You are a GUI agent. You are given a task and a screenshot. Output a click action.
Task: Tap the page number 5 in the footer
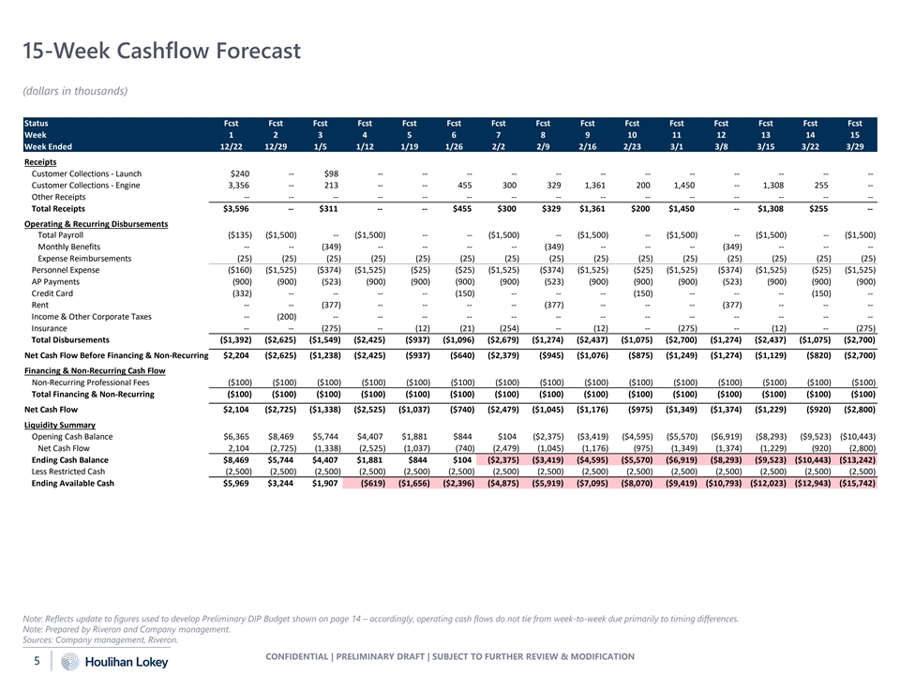click(36, 661)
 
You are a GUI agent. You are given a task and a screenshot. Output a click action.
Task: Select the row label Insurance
click(49, 329)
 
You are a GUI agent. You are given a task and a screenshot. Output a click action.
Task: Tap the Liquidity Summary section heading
click(62, 425)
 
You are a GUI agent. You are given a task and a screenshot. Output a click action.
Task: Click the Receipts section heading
click(41, 162)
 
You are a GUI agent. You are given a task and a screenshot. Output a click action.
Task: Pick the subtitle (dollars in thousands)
click(74, 91)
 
